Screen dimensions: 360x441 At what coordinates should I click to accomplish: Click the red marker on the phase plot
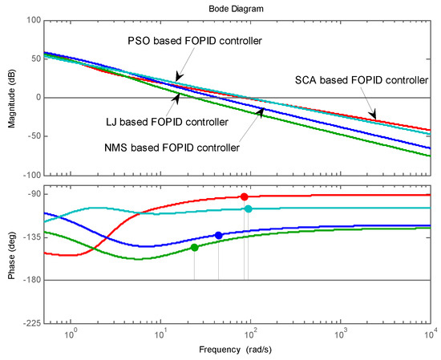point(245,196)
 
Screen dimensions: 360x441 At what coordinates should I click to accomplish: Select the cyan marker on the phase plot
point(249,209)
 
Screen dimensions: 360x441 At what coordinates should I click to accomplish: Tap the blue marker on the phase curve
point(218,235)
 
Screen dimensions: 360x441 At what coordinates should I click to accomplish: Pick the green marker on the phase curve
point(194,248)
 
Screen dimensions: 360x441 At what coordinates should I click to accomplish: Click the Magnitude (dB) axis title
point(8,97)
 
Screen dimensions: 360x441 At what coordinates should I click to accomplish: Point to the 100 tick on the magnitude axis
point(32,20)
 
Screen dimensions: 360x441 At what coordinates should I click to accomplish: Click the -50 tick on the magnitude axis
point(31,136)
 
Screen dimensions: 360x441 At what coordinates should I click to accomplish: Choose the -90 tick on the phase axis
point(31,194)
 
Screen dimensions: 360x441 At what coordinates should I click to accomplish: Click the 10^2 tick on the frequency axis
point(251,334)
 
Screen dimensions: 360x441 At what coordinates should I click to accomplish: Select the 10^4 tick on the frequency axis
point(430,334)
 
